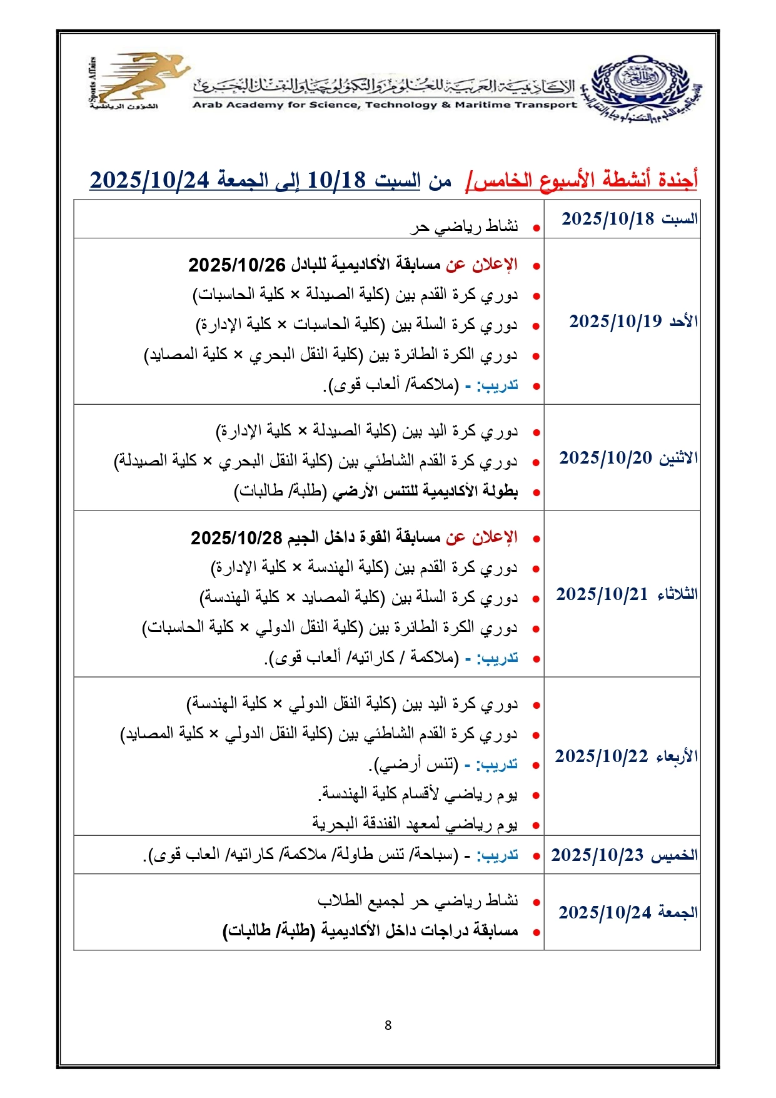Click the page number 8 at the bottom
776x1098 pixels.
388,1025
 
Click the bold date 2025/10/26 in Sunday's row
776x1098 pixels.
237,265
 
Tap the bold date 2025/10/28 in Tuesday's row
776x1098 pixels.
237,537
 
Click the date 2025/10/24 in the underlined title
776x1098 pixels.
149,180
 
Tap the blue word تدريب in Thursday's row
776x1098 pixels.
497,855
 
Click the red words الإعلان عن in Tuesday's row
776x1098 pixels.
481,537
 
